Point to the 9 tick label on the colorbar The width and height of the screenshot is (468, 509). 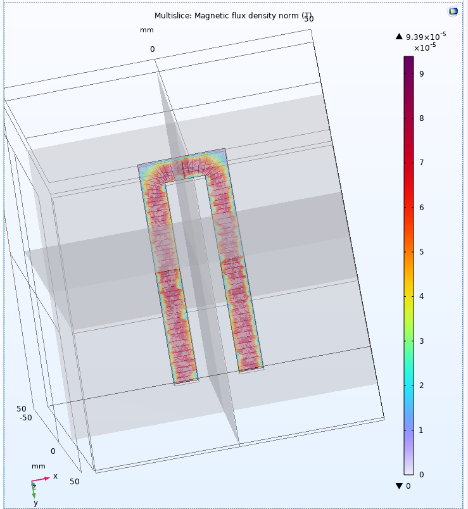422,73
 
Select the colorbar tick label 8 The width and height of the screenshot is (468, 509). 422,118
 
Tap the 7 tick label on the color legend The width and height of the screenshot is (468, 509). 422,163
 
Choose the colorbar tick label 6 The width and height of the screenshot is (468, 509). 422,208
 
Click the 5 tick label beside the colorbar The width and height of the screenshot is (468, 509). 422,252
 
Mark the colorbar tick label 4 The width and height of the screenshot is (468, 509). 422,296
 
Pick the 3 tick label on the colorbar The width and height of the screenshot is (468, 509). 422,341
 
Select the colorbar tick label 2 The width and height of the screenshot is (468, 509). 422,386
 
